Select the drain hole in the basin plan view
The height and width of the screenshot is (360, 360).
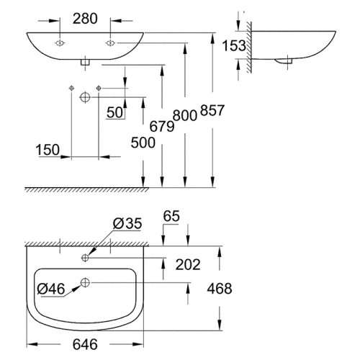pyautogui.click(x=86, y=282)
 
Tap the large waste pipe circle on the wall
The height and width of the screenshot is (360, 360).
pyautogui.click(x=84, y=96)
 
